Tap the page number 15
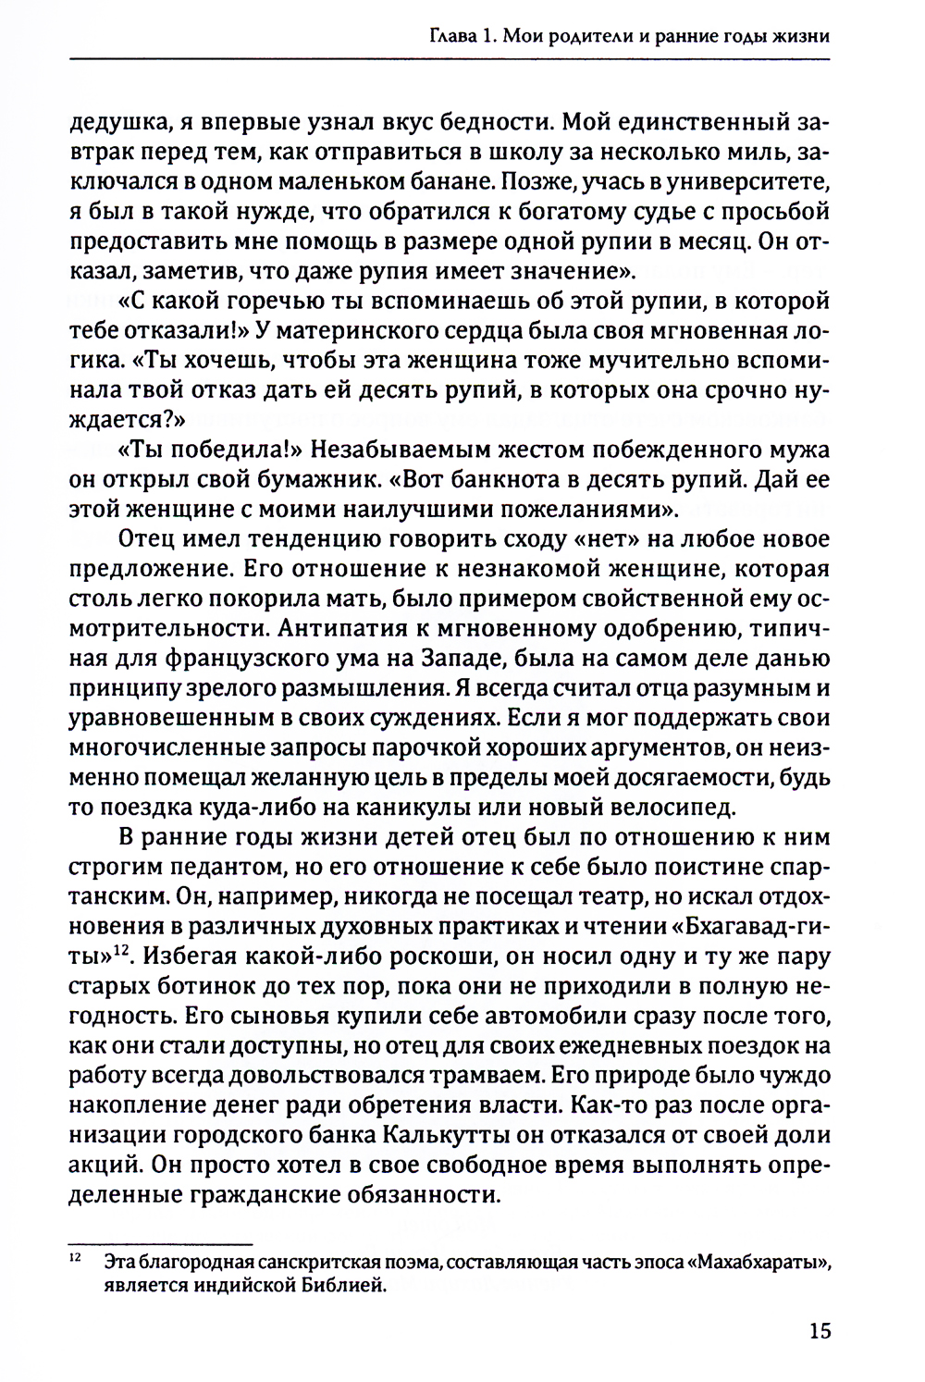click(x=820, y=1332)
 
